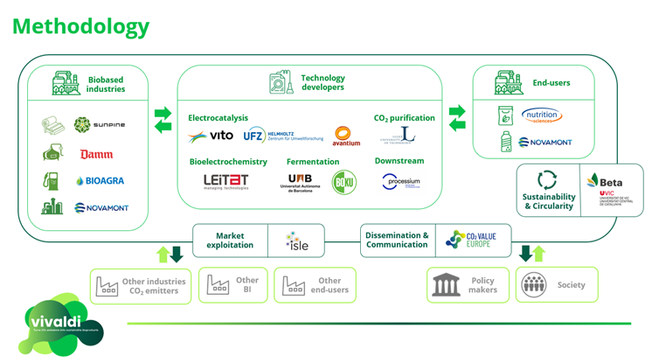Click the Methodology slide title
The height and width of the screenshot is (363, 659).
point(80,26)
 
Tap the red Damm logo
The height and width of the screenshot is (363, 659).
point(96,154)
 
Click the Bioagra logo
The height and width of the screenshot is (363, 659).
point(101,181)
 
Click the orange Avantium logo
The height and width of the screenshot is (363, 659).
point(347,136)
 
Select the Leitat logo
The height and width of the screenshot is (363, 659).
point(225,181)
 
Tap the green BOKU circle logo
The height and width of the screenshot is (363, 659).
point(344,181)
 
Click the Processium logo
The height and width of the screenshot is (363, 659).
point(401,182)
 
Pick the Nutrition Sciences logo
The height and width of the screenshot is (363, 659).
point(541,115)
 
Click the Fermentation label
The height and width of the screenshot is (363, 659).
point(313,162)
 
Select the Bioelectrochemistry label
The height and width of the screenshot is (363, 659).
point(228,162)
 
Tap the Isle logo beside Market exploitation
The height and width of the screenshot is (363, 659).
point(297,241)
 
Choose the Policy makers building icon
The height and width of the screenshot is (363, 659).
point(447,285)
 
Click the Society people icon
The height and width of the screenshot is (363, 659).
point(533,285)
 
